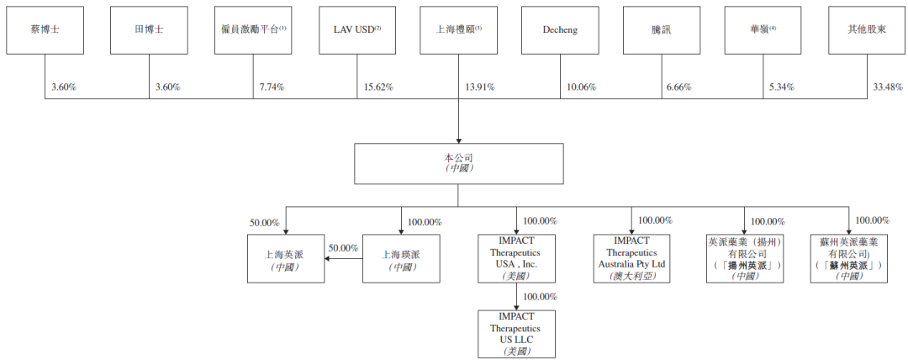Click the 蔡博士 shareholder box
coord(45,29)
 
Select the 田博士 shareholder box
coord(149,29)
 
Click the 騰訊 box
coord(662,29)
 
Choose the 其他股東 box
coord(865,29)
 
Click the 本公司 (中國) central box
coord(458,162)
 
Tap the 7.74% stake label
coord(273,87)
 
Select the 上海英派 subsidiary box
coord(285,258)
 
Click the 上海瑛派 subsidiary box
coord(401,258)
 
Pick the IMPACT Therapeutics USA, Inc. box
coord(516,258)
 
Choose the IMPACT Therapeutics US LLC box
coord(516,333)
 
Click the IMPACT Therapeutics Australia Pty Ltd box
coord(631,258)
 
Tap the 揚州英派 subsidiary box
coord(745,258)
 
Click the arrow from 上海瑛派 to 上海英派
coord(344,258)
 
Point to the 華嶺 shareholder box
coord(763,29)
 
